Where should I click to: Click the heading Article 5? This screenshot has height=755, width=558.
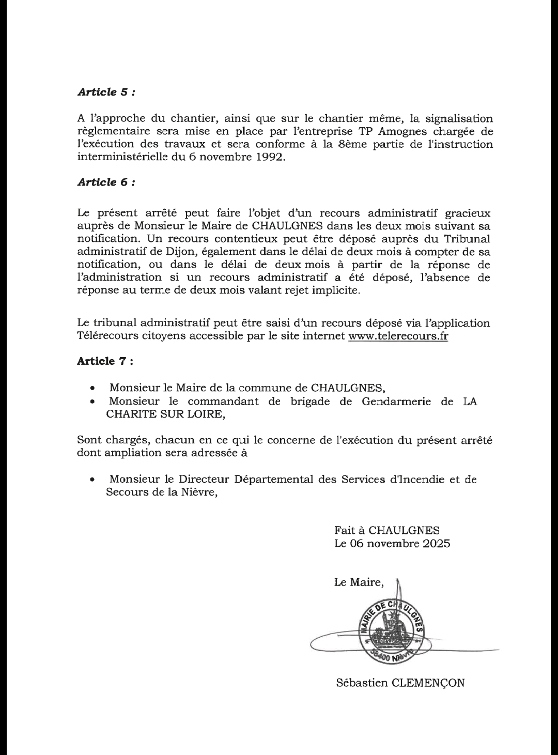click(x=106, y=92)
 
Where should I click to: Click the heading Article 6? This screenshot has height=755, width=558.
click(x=106, y=182)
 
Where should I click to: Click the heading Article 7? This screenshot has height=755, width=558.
click(x=105, y=361)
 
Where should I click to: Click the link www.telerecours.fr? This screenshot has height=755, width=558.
click(x=398, y=336)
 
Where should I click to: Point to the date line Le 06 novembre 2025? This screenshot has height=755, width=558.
click(x=392, y=544)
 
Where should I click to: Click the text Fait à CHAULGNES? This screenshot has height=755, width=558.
click(x=387, y=530)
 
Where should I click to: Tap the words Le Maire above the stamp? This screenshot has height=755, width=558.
click(x=359, y=582)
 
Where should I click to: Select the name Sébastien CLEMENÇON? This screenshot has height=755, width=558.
click(x=400, y=683)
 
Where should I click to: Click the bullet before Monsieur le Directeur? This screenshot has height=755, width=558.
click(x=92, y=480)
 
